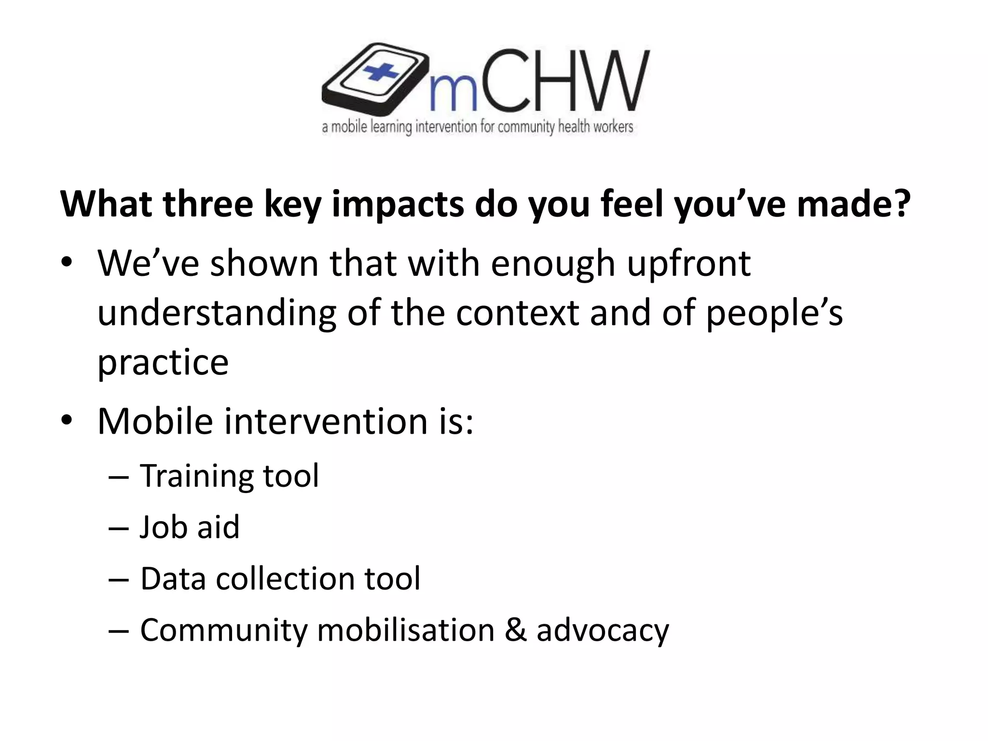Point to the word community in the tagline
coord(526,127)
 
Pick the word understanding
coord(217,314)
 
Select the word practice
coord(163,363)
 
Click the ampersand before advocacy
coord(516,630)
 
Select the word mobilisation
coord(406,630)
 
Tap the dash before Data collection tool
coord(119,578)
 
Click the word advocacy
coord(603,631)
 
